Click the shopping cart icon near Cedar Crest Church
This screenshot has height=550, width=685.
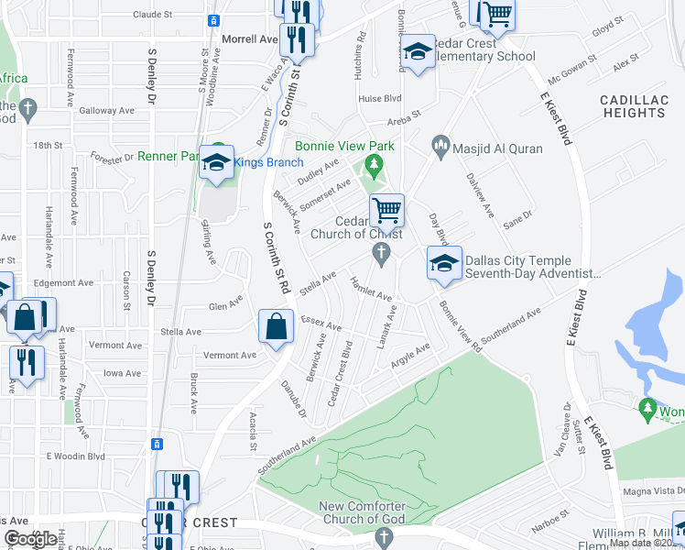click(386, 210)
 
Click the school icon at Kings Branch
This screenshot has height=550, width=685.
click(216, 162)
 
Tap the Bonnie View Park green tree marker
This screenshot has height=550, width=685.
click(373, 165)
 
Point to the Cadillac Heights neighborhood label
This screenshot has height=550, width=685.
click(633, 105)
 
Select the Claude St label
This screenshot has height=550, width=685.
click(152, 15)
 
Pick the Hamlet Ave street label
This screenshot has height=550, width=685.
click(371, 291)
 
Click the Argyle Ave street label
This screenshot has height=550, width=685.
click(410, 354)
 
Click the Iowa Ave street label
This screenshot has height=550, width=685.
click(122, 374)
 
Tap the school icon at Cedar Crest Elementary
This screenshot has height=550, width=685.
click(418, 52)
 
